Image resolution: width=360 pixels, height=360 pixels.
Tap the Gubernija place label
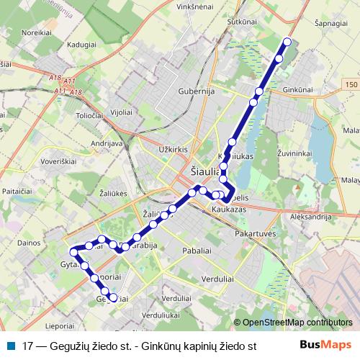(197, 91)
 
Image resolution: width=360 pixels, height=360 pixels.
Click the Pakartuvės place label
(256, 234)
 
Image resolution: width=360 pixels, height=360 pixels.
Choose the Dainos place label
(28, 243)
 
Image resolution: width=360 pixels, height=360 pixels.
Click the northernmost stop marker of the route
(287, 42)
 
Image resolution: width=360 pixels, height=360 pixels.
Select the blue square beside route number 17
(11, 345)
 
